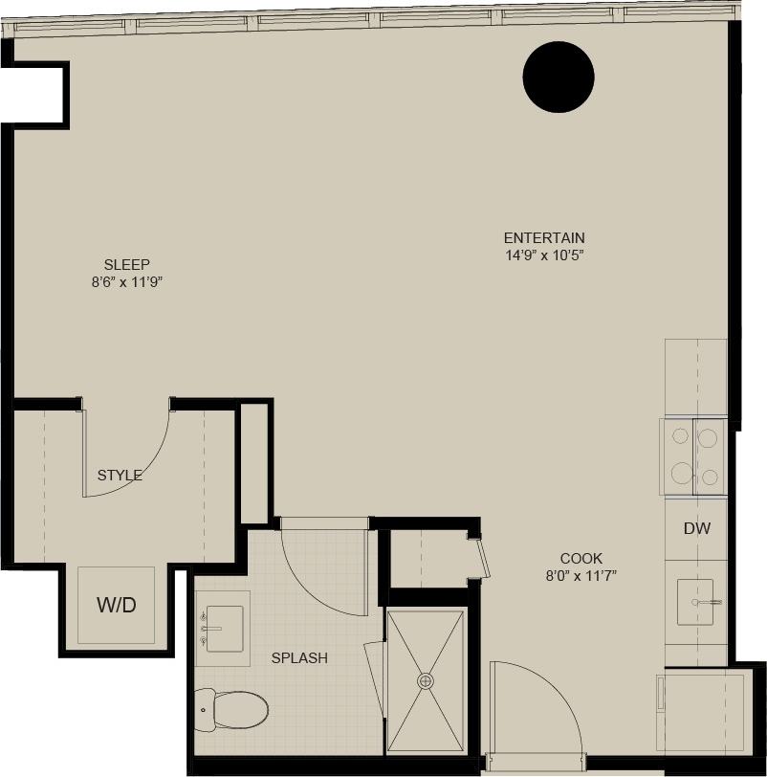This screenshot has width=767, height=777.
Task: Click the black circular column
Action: (x=559, y=78)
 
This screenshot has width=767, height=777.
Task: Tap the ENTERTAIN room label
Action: (x=544, y=238)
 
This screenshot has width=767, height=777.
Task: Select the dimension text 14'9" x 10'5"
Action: (x=544, y=255)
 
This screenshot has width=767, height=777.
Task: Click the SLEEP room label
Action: (x=127, y=265)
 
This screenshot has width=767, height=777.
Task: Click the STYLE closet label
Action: (x=120, y=475)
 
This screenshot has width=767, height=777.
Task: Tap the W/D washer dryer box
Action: (x=116, y=605)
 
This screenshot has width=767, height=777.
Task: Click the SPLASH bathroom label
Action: (x=299, y=658)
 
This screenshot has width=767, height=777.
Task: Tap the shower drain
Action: (x=425, y=680)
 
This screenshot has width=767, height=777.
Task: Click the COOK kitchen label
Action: (x=581, y=559)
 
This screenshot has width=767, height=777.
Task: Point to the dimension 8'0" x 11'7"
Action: (x=581, y=576)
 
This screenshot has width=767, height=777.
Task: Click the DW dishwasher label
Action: (x=697, y=528)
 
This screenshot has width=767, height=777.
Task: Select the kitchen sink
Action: (x=695, y=602)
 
